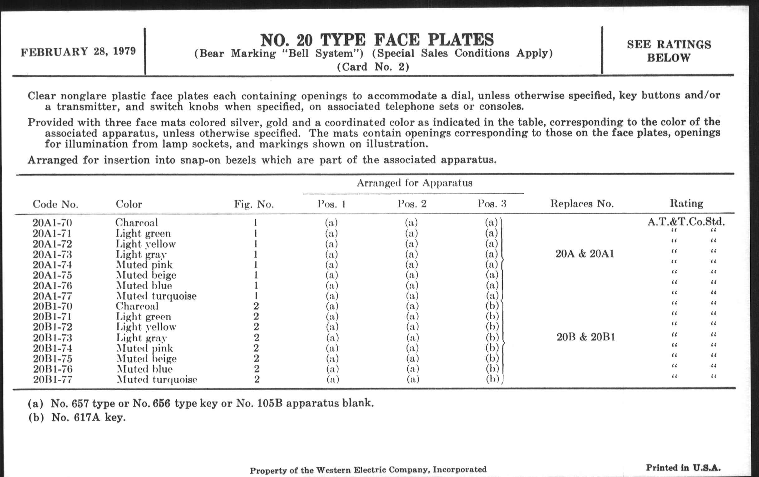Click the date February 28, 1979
tap(78, 51)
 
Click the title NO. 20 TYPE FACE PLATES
tap(377, 40)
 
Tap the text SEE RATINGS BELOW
tap(669, 51)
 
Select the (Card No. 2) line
tap(373, 67)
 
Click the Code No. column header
tap(56, 204)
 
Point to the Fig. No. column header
tap(254, 204)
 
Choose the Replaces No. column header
tap(582, 204)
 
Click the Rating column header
tap(687, 203)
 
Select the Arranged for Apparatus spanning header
tap(414, 183)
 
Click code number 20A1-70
tap(52, 223)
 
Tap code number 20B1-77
tap(53, 379)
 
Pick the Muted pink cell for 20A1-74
tap(144, 264)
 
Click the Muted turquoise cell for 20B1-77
tap(157, 379)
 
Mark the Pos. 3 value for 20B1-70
tap(492, 306)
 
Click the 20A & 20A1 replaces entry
tap(585, 254)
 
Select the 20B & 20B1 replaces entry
tap(586, 337)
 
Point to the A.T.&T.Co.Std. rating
tap(686, 222)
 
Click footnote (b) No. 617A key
tap(77, 417)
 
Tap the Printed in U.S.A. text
tap(683, 468)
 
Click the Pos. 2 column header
tap(412, 204)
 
